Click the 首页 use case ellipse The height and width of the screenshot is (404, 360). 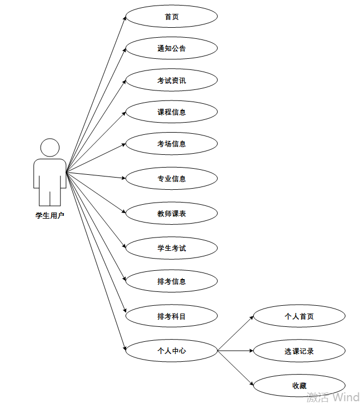(x=171, y=17)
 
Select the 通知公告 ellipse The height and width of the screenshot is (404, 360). (x=171, y=48)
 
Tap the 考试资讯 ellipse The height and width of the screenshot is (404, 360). (x=171, y=80)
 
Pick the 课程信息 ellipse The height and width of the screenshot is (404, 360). (x=171, y=112)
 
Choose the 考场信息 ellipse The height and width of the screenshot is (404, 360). (x=171, y=144)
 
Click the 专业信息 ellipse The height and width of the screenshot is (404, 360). (x=171, y=179)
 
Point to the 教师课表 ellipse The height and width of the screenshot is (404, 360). (x=171, y=213)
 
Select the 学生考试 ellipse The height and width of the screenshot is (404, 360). (x=171, y=248)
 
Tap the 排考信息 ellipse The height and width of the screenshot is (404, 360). (x=171, y=281)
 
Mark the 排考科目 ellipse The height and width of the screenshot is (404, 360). (x=171, y=316)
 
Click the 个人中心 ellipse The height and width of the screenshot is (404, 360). (x=171, y=351)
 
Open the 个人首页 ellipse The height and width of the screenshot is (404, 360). (x=299, y=316)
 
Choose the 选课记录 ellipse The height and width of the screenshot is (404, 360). (x=299, y=351)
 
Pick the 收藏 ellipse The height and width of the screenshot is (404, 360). (x=299, y=386)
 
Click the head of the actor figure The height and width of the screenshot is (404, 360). (x=50, y=148)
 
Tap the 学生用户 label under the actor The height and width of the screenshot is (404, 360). (x=50, y=215)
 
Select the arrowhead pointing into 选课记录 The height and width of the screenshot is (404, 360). (x=251, y=351)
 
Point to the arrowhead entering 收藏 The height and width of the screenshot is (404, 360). (x=251, y=383)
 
